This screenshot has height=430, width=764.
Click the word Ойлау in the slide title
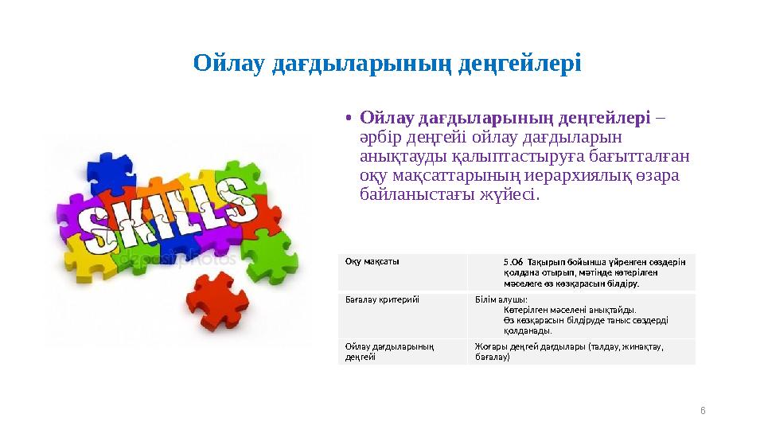[230, 62]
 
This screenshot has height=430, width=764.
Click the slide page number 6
[703, 409]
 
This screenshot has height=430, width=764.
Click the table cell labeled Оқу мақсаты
[372, 260]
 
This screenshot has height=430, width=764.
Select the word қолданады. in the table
[528, 330]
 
